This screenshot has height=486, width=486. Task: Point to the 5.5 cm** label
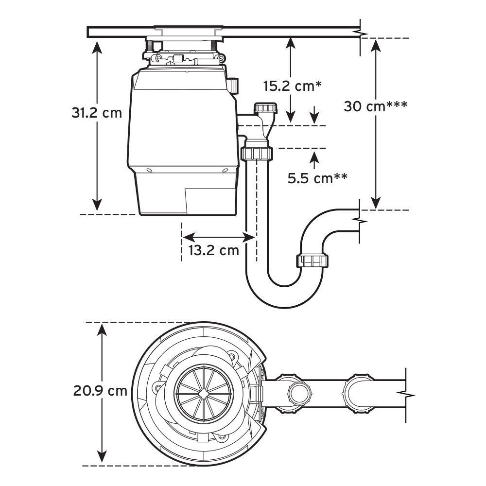coord(317,178)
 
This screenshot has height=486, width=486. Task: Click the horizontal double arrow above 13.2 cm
coord(219,237)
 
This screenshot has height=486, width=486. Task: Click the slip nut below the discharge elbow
coord(256,154)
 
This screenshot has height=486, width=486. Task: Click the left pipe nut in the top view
coord(297,391)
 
